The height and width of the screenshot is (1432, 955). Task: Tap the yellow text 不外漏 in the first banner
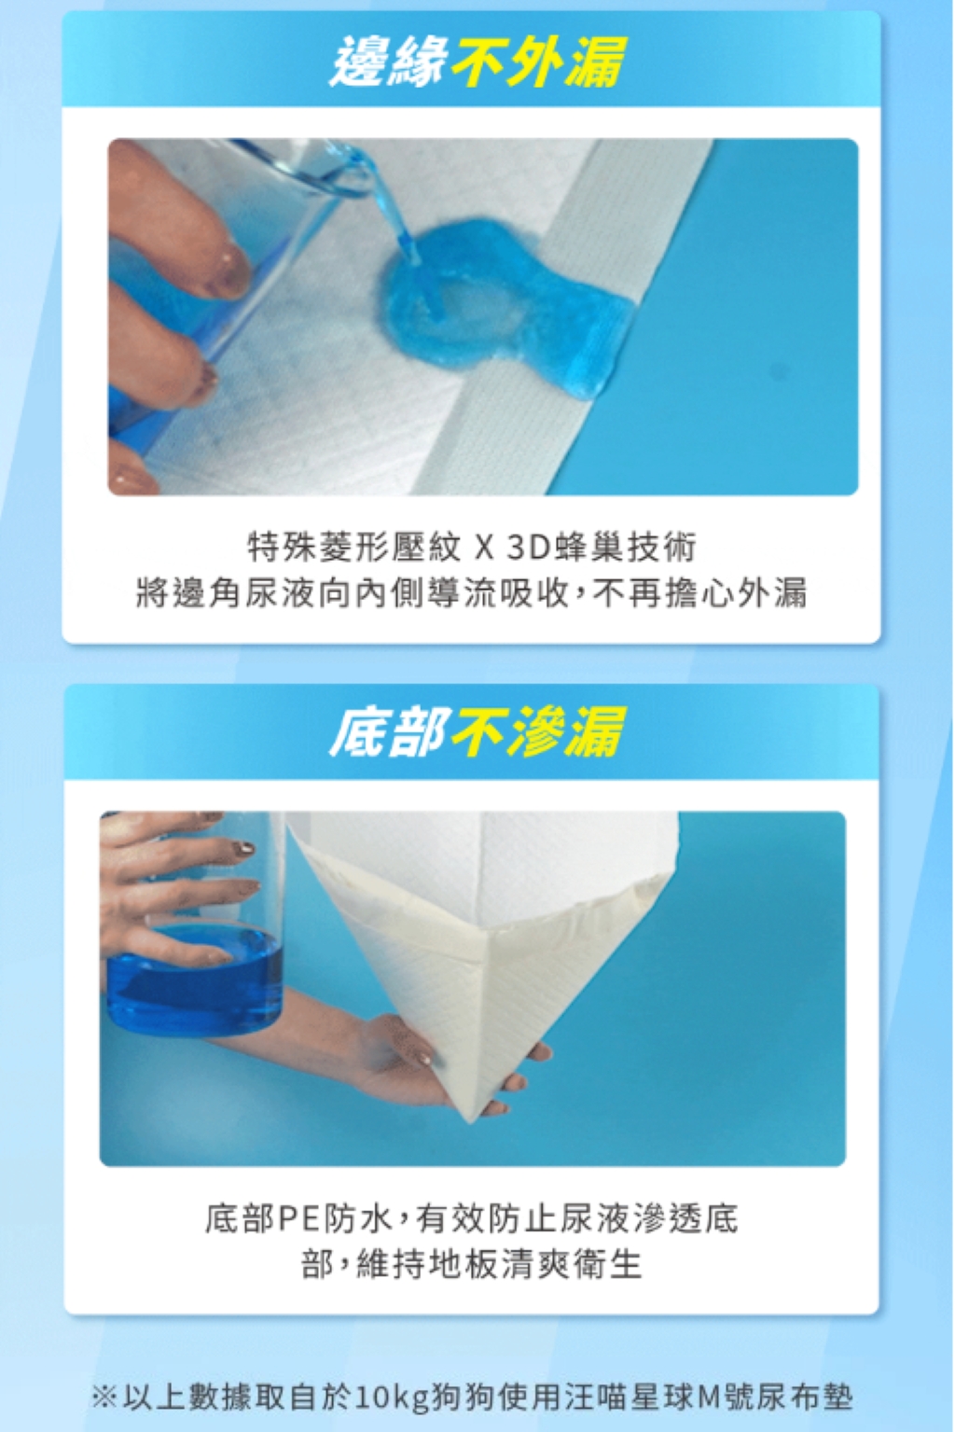[x=537, y=62]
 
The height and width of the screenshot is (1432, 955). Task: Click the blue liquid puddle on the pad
[x=505, y=307]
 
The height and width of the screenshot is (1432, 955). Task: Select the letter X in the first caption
[x=485, y=549]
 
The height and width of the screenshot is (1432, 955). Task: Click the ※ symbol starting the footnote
[x=104, y=1397]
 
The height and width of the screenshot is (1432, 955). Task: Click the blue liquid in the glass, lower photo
[x=194, y=981]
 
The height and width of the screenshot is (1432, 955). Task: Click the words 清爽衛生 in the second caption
[x=572, y=1265]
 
